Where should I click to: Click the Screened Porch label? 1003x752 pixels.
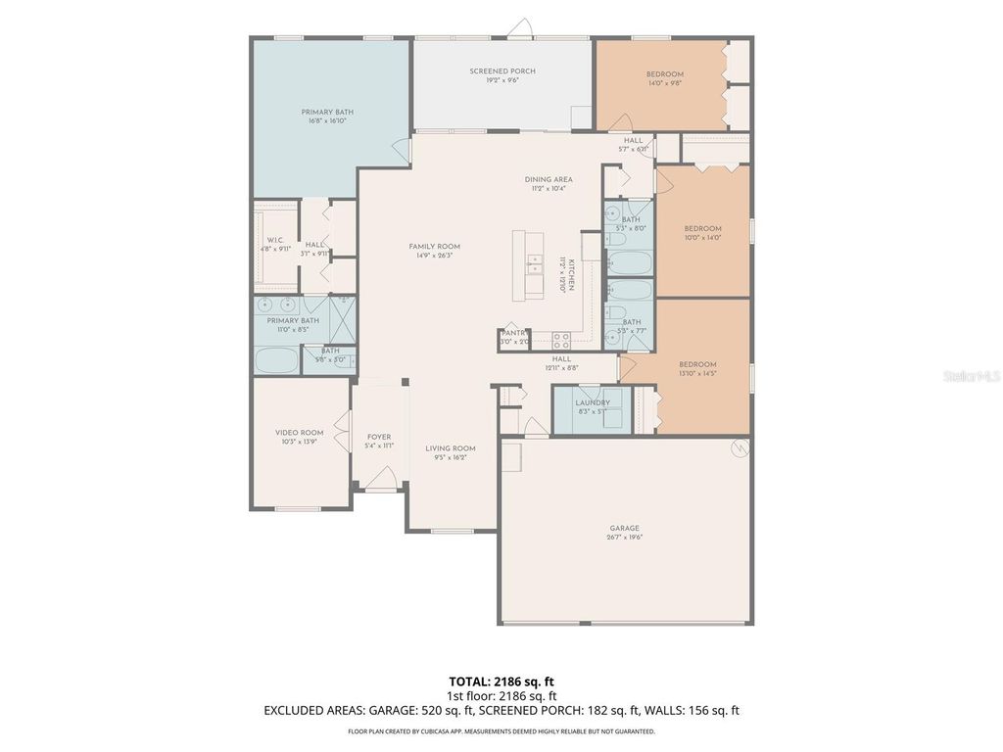(x=501, y=71)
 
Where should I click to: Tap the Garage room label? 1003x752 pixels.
(x=624, y=527)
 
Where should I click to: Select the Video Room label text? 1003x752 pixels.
(x=299, y=433)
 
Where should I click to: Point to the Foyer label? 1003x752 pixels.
(x=378, y=437)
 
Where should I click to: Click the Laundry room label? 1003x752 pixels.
(x=593, y=402)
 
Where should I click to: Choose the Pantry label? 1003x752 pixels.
(x=513, y=333)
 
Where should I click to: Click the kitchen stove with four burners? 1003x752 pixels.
(x=562, y=340)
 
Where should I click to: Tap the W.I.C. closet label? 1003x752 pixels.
(x=275, y=240)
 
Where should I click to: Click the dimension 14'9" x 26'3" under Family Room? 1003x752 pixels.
(x=434, y=256)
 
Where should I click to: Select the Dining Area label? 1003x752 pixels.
(x=549, y=179)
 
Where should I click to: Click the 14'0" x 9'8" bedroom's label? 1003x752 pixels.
(x=664, y=74)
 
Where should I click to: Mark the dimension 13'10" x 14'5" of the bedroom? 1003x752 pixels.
(x=697, y=373)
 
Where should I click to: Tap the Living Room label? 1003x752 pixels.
(x=450, y=448)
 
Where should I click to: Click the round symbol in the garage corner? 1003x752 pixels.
(x=740, y=447)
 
